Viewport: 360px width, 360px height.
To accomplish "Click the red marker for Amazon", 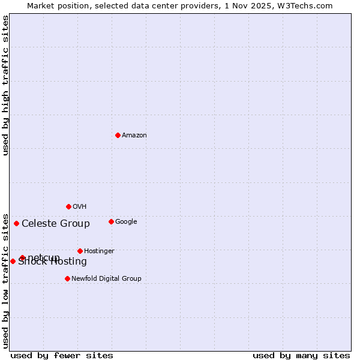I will point(118,135).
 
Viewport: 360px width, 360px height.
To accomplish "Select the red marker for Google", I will point(111,221).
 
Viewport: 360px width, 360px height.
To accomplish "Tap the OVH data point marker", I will point(68,206).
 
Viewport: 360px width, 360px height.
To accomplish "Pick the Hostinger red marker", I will point(80,251).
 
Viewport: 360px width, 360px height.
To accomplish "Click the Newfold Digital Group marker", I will point(67,278).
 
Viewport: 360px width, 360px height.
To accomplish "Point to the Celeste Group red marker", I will point(16,223).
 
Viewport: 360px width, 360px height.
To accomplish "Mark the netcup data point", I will point(22,257).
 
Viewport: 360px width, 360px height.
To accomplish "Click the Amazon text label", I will point(134,136).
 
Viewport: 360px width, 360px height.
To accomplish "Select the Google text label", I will point(126,222).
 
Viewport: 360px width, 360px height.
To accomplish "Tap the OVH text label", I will point(80,207).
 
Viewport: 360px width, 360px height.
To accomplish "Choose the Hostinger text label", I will point(99,251).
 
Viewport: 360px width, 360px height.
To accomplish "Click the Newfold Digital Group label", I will point(106,279).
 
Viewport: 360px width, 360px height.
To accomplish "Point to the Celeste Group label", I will point(56,224).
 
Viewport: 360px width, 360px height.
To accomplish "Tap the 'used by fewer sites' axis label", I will point(62,355).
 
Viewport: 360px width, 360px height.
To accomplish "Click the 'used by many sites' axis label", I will point(301,355).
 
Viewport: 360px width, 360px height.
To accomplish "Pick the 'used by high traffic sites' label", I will point(6,85).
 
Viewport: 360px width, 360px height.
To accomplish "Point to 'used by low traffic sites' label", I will point(6,280).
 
